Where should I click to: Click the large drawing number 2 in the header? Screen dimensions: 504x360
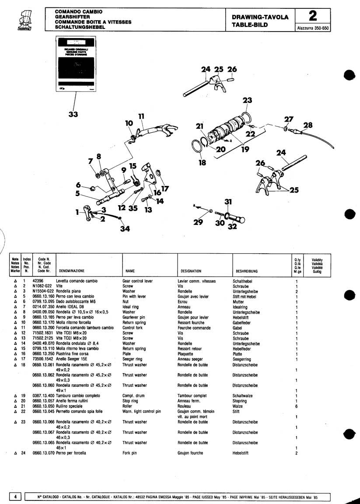tap(312, 16)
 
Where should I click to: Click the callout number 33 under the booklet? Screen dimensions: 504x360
tap(73, 115)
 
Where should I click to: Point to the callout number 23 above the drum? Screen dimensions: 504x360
tap(248, 100)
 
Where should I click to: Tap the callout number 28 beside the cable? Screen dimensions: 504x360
tap(308, 126)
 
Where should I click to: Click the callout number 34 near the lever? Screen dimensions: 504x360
tap(126, 228)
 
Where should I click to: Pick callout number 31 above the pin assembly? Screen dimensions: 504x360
tap(228, 202)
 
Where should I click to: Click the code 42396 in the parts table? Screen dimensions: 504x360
tap(39, 281)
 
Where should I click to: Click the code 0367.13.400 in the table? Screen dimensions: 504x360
tap(43, 395)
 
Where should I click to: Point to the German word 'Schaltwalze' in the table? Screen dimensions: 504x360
tap(244, 395)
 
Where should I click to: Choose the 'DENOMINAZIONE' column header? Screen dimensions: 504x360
tap(71, 271)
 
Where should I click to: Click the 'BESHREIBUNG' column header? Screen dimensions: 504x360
tap(247, 271)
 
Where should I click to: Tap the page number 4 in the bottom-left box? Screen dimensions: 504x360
tap(15, 497)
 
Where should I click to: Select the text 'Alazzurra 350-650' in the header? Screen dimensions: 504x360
tap(313, 28)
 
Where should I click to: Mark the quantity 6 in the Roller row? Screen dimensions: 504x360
tap(297, 406)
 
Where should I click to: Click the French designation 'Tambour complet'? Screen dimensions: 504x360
tap(192, 395)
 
